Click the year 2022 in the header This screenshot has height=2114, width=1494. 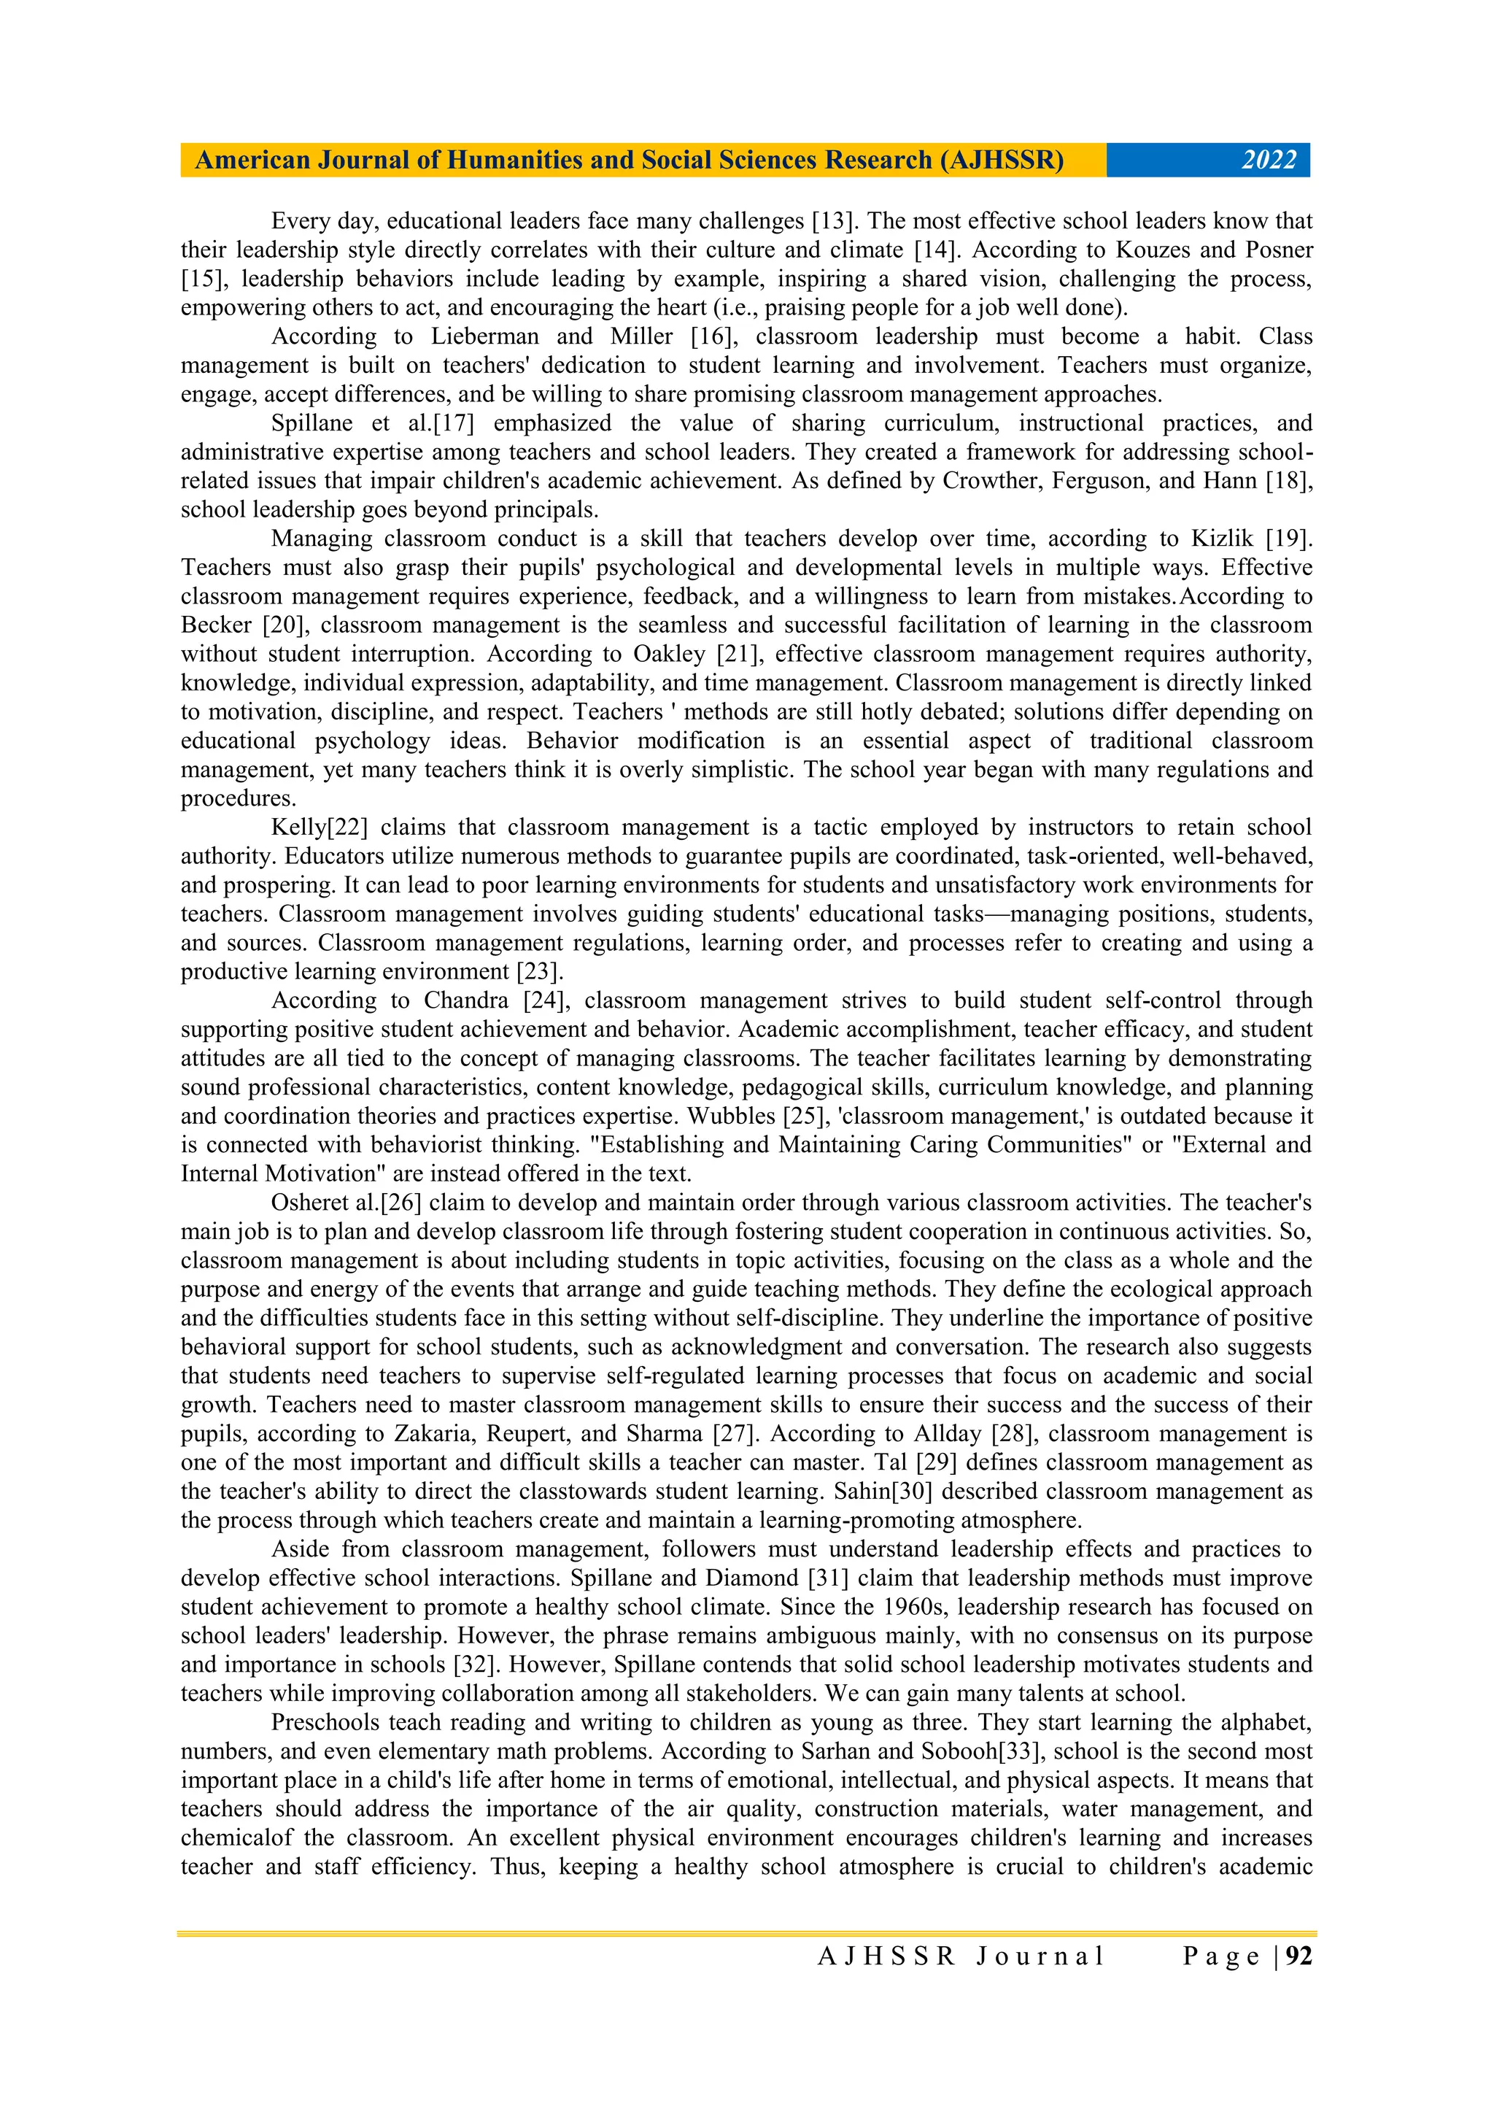tap(1269, 161)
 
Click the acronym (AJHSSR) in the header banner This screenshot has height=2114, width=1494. tap(1002, 161)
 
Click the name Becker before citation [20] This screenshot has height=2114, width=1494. tap(217, 625)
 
